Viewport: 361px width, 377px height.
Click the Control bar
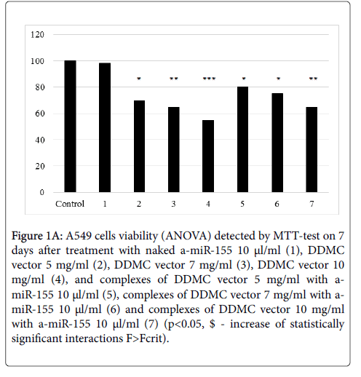70,127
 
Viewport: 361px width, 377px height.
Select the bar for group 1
105,127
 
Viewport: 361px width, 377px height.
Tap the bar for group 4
208,156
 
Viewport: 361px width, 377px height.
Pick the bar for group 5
242,140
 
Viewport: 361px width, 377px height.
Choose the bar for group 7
312,150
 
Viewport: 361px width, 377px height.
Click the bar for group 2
139,146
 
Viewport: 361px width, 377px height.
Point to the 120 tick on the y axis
37,35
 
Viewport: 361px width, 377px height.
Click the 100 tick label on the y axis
37,61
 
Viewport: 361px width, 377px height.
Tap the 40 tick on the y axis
40,140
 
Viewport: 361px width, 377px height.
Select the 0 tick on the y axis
42,192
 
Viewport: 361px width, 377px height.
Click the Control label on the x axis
70,204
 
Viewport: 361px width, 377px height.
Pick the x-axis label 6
277,204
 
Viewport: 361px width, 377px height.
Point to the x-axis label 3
173,204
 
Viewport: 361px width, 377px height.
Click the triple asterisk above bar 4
209,79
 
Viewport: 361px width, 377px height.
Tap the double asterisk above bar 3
174,79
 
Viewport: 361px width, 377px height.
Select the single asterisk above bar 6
278,79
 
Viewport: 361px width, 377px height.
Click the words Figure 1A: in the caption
37,236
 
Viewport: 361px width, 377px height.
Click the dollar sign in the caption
213,324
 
